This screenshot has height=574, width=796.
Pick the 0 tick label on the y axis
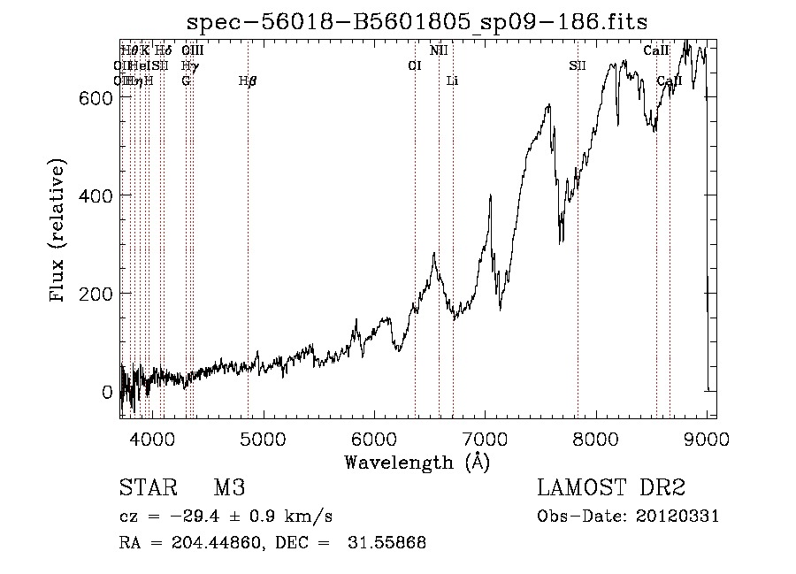[x=106, y=391]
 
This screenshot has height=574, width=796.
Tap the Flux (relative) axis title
[x=58, y=233]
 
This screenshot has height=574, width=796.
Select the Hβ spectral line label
[x=248, y=81]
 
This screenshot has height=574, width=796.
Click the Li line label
[x=453, y=81]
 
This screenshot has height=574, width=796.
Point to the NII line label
[x=439, y=51]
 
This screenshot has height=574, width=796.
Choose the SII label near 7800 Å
[x=578, y=66]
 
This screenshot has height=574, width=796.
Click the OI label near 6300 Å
[x=414, y=66]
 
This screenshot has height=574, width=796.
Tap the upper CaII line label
[x=656, y=51]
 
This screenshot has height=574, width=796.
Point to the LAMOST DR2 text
[x=611, y=488]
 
